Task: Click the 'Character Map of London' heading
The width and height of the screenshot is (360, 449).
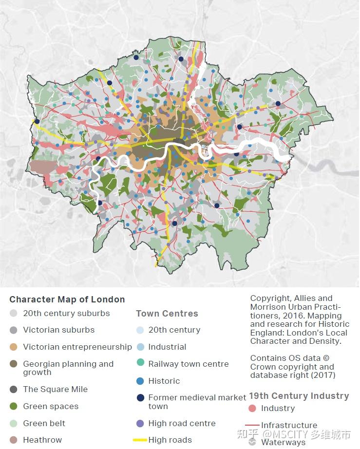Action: pyautogui.click(x=67, y=299)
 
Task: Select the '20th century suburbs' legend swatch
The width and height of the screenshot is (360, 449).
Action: pyautogui.click(x=14, y=314)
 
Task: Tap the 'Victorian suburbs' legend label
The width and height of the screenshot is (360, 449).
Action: pyautogui.click(x=58, y=330)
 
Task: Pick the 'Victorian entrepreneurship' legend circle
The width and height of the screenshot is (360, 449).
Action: pyautogui.click(x=14, y=347)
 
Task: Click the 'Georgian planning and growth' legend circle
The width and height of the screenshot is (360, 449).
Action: pyautogui.click(x=14, y=364)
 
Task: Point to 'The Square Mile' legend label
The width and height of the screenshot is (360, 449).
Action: pyautogui.click(x=55, y=389)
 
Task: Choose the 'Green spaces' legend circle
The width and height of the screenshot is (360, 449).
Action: pyautogui.click(x=14, y=406)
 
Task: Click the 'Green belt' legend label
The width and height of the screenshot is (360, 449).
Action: pyautogui.click(x=44, y=423)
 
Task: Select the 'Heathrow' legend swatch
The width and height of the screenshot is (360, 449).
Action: pyautogui.click(x=14, y=440)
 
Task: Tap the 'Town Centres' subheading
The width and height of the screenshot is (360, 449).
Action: pyautogui.click(x=167, y=314)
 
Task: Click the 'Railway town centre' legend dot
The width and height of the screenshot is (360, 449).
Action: pyautogui.click(x=140, y=364)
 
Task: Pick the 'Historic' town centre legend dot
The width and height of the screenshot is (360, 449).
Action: pyautogui.click(x=140, y=381)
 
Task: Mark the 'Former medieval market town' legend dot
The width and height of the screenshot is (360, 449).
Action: pyautogui.click(x=140, y=398)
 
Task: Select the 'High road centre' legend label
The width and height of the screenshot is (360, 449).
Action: pyautogui.click(x=182, y=423)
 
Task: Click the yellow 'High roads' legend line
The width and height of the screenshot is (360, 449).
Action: pyautogui.click(x=140, y=440)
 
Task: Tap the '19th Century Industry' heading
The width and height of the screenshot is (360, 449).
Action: pyautogui.click(x=299, y=396)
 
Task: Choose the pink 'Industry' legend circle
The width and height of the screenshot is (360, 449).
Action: pyautogui.click(x=252, y=409)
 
